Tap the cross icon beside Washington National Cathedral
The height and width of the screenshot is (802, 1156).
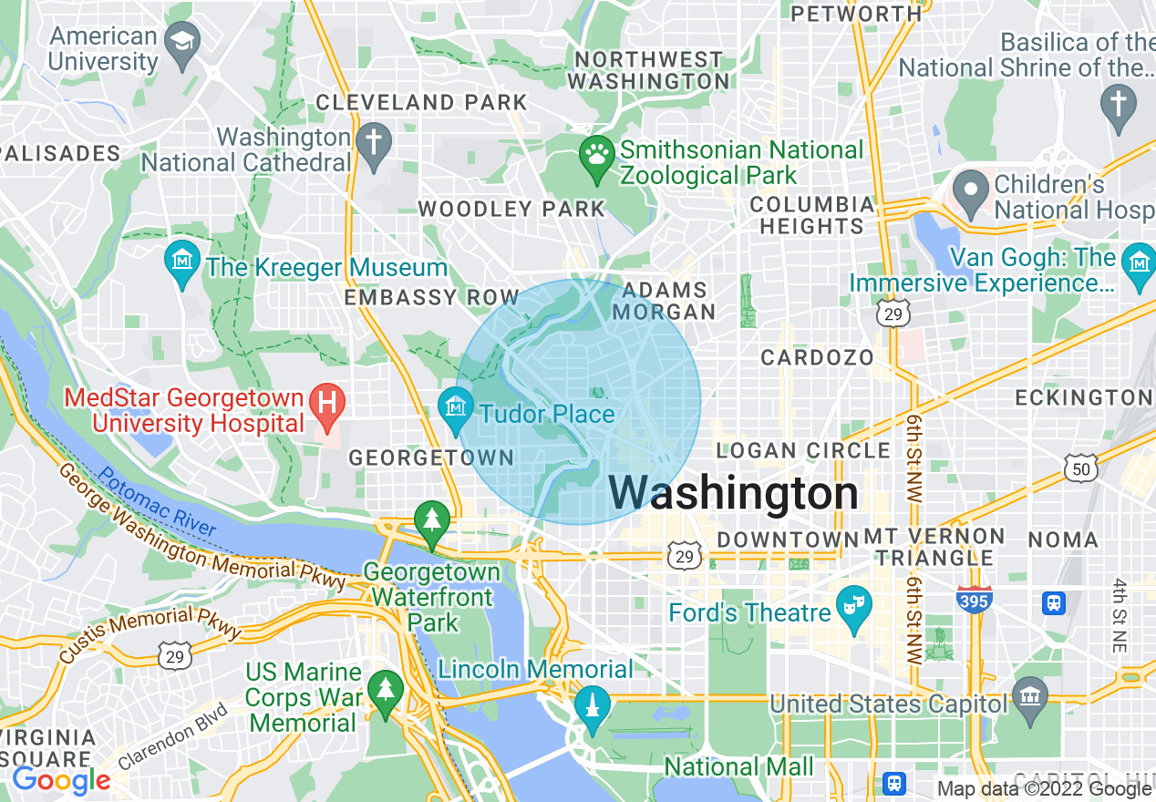pyautogui.click(x=373, y=143)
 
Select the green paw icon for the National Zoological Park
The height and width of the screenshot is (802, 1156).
pyautogui.click(x=597, y=156)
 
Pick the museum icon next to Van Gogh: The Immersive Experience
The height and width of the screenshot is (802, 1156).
pyautogui.click(x=1139, y=264)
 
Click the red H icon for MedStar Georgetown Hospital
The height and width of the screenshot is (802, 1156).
pyautogui.click(x=326, y=403)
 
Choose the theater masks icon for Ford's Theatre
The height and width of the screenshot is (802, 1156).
pyautogui.click(x=854, y=608)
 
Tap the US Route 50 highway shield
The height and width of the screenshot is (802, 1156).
pyautogui.click(x=1081, y=468)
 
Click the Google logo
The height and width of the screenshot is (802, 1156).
pyautogui.click(x=61, y=780)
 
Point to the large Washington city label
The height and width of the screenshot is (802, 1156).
pyautogui.click(x=733, y=493)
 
